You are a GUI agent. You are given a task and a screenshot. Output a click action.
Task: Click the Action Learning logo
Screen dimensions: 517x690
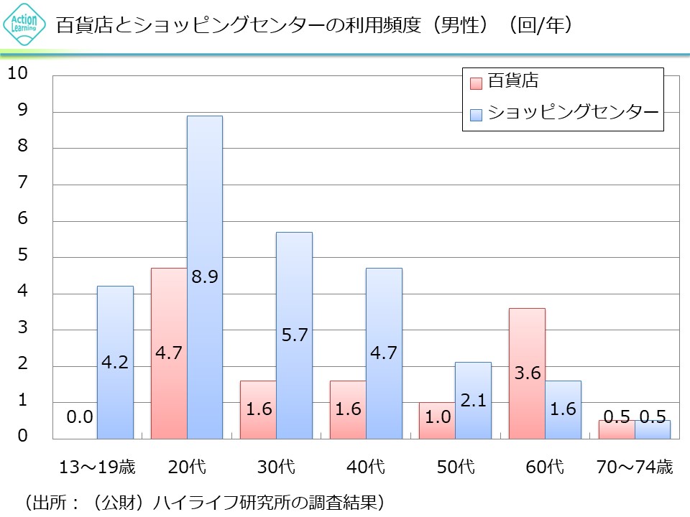tap(24, 26)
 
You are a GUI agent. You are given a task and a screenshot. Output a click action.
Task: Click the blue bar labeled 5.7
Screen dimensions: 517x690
tap(294, 287)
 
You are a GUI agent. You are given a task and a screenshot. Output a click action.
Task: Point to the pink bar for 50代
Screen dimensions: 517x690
tap(437, 420)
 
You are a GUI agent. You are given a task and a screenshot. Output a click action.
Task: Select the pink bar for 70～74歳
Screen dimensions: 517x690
tap(616, 429)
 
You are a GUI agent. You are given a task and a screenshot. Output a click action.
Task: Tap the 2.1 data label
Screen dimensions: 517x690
tap(473, 401)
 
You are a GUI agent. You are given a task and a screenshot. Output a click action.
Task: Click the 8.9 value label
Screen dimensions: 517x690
tap(205, 276)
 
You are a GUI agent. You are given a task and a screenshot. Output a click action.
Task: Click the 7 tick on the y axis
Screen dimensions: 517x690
tap(22, 183)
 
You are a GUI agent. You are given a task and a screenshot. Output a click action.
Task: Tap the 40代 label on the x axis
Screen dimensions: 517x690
tap(365, 467)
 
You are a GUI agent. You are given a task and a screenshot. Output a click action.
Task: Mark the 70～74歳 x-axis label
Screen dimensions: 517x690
tap(634, 467)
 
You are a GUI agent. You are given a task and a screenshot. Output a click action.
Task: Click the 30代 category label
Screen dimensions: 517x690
tap(276, 467)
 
